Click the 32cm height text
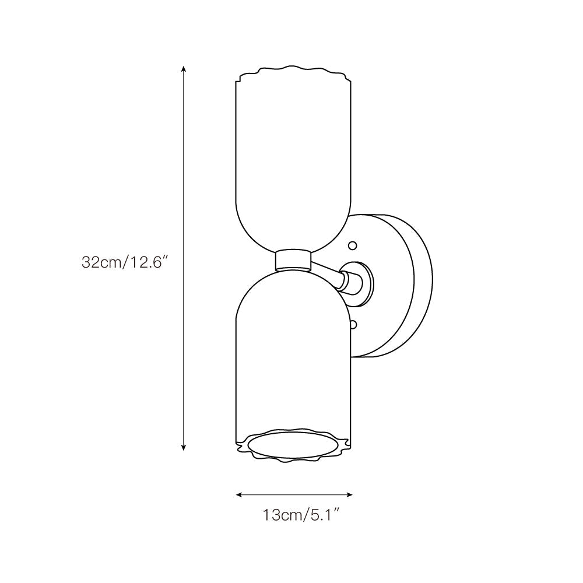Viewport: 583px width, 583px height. (100, 262)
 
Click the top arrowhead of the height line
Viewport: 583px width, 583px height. (184, 69)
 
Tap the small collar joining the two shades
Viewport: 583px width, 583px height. (293, 260)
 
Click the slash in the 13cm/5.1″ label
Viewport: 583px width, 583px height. (304, 515)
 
